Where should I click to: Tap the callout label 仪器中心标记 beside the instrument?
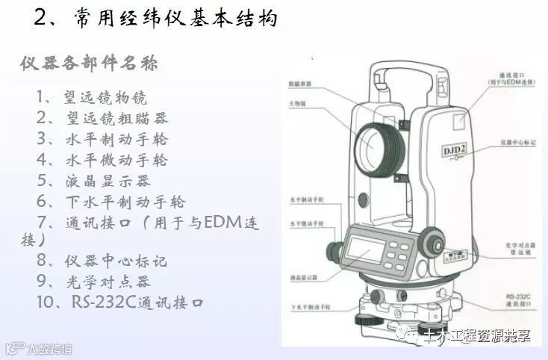517,141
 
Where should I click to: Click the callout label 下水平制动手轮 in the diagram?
307,308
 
